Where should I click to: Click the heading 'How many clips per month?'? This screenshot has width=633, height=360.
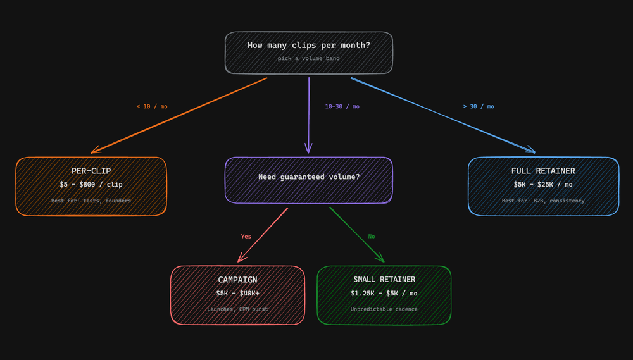click(x=308, y=46)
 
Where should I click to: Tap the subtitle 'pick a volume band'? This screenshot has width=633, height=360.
click(x=308, y=58)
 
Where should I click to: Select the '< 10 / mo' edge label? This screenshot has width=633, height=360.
click(x=152, y=106)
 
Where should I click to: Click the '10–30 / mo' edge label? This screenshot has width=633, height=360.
click(x=342, y=106)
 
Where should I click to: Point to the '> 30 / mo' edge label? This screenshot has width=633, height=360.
click(x=479, y=106)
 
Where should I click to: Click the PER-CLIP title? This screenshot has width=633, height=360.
click(x=91, y=171)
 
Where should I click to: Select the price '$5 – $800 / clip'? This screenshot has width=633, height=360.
click(x=91, y=185)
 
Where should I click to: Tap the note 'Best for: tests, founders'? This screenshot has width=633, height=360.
click(x=91, y=201)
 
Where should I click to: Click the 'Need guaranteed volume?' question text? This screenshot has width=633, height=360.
click(x=308, y=177)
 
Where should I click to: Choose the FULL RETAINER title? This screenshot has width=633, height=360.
click(x=543, y=171)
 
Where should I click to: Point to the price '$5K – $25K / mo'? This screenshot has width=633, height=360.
click(x=543, y=185)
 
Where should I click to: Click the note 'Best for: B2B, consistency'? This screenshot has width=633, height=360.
click(x=543, y=201)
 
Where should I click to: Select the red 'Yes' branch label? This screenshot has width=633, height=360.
click(x=246, y=237)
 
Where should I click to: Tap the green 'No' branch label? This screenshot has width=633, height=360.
click(x=372, y=237)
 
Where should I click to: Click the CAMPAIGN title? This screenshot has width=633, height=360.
click(x=237, y=280)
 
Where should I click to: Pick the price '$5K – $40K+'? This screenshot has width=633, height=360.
click(x=237, y=294)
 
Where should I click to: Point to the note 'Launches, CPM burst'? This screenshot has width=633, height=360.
click(x=237, y=309)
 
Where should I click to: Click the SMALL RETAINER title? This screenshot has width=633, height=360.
click(x=384, y=280)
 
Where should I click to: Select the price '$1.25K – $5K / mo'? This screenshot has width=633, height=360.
click(x=384, y=294)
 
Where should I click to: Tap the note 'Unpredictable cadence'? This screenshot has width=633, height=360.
click(x=384, y=309)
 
